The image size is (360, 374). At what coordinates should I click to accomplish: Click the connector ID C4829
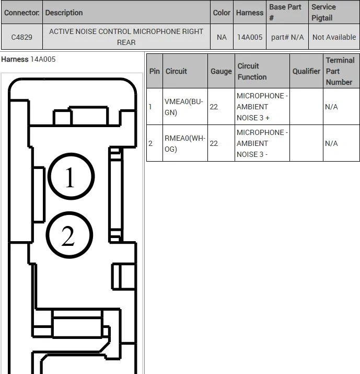pos(21,37)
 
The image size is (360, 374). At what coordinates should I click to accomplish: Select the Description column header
pos(64,13)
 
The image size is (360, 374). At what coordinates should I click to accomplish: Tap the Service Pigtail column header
pos(323,13)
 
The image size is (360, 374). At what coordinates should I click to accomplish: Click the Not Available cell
pos(334,37)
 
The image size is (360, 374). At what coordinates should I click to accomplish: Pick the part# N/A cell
pos(287,37)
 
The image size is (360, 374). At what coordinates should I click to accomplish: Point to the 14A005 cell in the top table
pos(250,37)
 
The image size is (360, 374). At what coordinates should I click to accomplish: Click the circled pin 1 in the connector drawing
pos(71,176)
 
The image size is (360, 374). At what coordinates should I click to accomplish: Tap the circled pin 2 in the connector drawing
pos(69,235)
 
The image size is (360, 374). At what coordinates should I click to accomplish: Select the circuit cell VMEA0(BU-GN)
pos(184,107)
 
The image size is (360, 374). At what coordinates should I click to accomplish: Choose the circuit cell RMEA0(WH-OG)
pos(184,144)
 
